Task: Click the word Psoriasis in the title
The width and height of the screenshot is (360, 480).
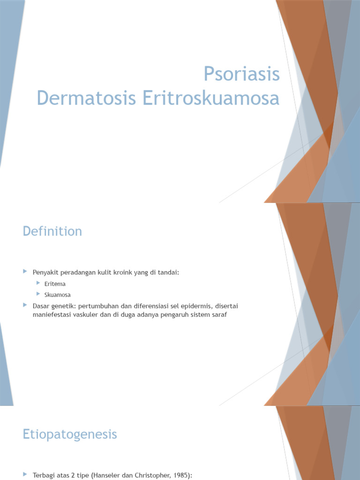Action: (x=241, y=75)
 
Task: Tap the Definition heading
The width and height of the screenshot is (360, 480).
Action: (x=52, y=231)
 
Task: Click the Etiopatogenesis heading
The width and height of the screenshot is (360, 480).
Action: (x=70, y=435)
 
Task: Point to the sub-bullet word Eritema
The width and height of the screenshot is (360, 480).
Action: (x=55, y=284)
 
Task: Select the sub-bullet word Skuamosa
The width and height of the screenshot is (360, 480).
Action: (x=58, y=295)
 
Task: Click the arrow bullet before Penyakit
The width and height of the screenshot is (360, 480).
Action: (x=25, y=271)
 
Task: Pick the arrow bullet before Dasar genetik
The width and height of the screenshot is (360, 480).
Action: (x=25, y=305)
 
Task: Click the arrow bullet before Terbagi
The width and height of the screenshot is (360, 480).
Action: (x=25, y=475)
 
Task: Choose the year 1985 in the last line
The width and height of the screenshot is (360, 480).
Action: (x=180, y=476)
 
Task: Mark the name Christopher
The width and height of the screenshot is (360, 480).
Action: (x=149, y=476)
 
